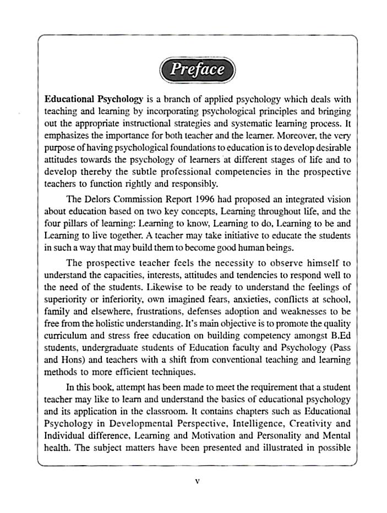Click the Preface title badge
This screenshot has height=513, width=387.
point(197,69)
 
